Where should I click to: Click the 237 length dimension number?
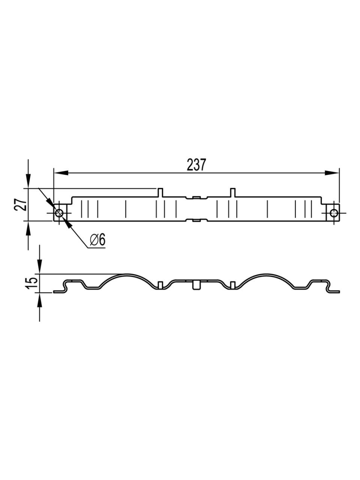(196, 165)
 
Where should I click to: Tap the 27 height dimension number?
(20, 204)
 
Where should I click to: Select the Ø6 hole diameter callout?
(98, 240)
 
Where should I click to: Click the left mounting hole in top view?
(59, 213)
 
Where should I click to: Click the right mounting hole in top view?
(334, 213)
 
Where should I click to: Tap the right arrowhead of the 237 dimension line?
(332, 173)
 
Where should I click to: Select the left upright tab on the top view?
(160, 192)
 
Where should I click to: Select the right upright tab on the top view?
(233, 192)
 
